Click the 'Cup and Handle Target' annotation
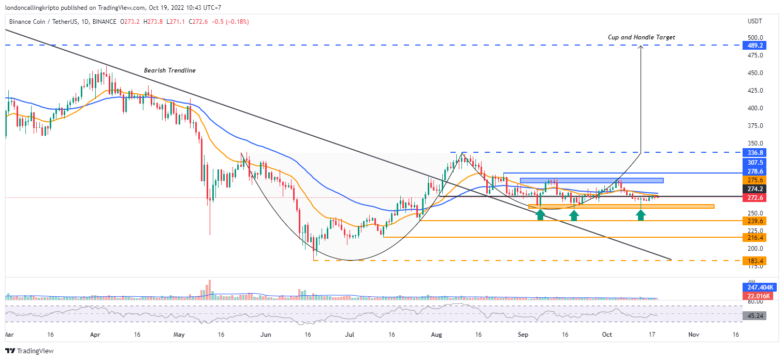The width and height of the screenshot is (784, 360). click(641, 37)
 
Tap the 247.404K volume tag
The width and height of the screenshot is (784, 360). click(760, 287)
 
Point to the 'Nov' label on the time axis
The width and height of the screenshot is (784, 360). click(694, 335)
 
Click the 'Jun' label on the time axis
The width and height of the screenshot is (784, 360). click(266, 335)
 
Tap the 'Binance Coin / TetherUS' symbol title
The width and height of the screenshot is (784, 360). click(43, 22)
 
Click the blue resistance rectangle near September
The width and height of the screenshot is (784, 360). click(591, 180)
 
